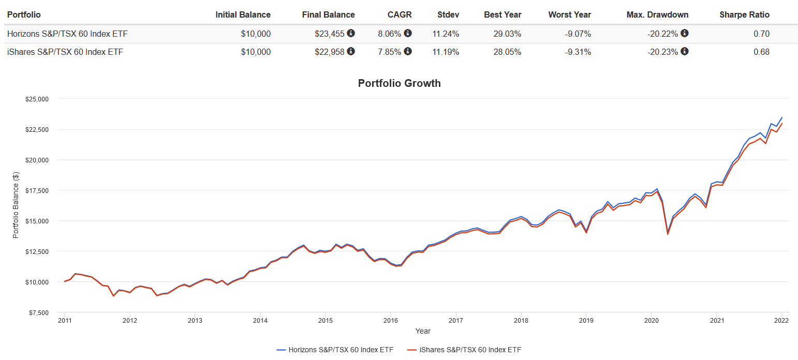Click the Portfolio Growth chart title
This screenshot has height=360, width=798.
399,83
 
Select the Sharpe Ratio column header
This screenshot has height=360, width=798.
744,15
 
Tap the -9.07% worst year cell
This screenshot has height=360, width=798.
577,34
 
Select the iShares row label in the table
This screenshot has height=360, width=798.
65,52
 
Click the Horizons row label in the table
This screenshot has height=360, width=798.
67,34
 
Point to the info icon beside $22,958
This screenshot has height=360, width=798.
351,51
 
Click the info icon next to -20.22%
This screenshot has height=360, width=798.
684,34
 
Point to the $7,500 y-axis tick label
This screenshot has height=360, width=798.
38,313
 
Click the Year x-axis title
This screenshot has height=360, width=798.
422,331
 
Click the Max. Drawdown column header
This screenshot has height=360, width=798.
657,15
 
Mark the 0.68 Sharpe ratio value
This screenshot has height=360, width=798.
761,52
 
